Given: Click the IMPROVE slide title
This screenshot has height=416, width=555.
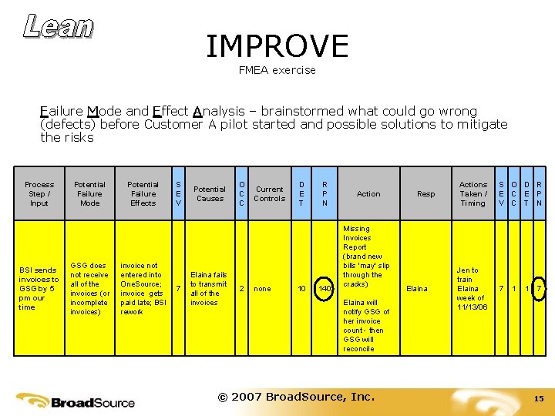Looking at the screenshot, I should click(277, 46).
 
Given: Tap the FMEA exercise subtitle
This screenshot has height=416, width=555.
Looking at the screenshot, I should click(277, 70).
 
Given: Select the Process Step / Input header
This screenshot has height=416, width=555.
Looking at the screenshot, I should click(39, 193).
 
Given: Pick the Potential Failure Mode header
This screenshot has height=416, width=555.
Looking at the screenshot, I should click(89, 193).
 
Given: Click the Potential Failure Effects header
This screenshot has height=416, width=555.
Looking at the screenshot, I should click(143, 193).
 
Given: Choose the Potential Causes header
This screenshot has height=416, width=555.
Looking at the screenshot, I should click(210, 193).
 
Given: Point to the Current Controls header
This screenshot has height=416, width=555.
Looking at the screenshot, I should click(269, 193).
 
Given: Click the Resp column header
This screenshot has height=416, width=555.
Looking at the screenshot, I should click(425, 193).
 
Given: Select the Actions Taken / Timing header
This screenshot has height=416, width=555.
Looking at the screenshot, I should click(473, 193).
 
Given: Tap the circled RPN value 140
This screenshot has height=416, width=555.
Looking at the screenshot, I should click(325, 289).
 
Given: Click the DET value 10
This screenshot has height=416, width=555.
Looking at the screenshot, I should click(301, 289).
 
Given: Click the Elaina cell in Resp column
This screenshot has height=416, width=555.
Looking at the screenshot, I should click(417, 289).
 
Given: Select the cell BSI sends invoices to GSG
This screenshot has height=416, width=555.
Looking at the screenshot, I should click(39, 289).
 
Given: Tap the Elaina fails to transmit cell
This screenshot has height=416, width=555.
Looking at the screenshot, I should click(209, 289).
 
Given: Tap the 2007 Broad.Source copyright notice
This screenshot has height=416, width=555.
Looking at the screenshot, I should click(296, 397).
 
